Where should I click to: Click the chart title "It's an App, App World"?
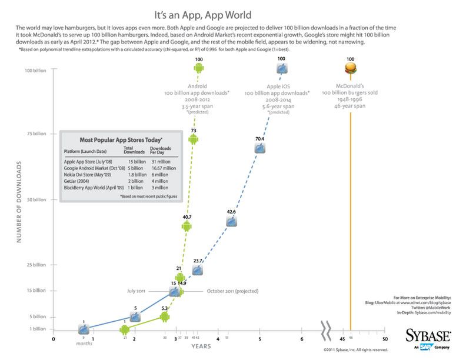232,15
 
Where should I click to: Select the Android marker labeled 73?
192,139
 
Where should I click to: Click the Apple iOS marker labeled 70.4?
259,148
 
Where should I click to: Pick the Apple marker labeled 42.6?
232,221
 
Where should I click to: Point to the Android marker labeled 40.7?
187,227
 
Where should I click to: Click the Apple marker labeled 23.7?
198,270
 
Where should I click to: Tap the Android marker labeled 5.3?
165,317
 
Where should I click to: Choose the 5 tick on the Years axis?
259,339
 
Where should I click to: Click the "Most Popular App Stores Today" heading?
121,140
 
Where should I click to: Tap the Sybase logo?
427,336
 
